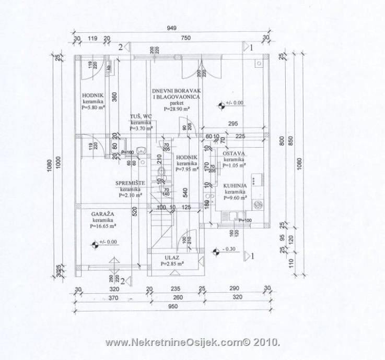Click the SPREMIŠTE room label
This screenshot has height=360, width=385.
(x=130, y=183)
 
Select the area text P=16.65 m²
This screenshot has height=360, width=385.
(x=103, y=226)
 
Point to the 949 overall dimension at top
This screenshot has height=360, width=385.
(x=171, y=29)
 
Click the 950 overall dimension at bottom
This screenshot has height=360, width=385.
(x=172, y=308)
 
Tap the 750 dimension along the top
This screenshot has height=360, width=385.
(x=185, y=38)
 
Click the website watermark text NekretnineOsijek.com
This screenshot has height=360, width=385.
(x=193, y=343)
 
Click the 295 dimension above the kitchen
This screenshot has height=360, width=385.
(x=234, y=123)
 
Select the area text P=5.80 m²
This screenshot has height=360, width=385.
(x=94, y=107)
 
